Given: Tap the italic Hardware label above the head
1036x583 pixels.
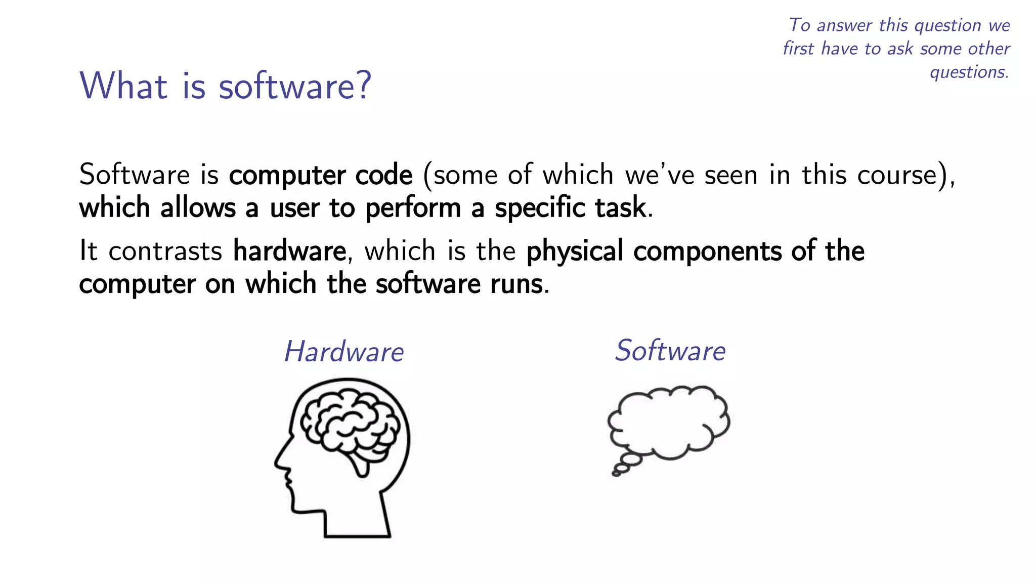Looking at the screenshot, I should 344,351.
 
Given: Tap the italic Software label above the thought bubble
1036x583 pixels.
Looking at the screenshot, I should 670,350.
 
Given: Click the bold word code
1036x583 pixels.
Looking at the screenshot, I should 384,175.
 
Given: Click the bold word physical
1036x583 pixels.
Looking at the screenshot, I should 575,252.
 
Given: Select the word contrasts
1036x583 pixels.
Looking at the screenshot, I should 165,252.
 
